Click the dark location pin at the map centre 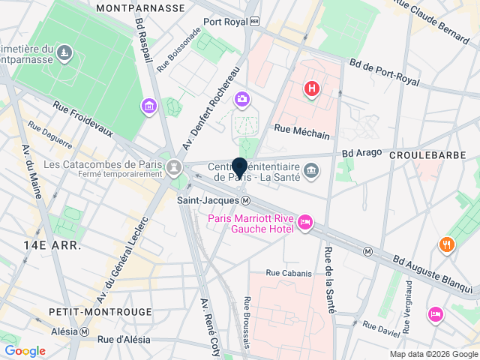(x=240, y=169)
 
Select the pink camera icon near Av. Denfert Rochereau (x=241, y=99)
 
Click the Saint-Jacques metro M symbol (x=246, y=201)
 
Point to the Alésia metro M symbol (x=85, y=331)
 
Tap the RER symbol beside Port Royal (x=255, y=22)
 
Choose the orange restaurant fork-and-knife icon (x=447, y=244)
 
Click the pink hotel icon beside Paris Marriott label (x=305, y=222)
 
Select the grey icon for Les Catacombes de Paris (x=174, y=165)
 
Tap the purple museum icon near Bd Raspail (x=149, y=106)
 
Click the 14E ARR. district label (x=51, y=245)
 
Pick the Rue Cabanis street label (x=289, y=273)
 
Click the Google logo (x=25, y=351)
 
